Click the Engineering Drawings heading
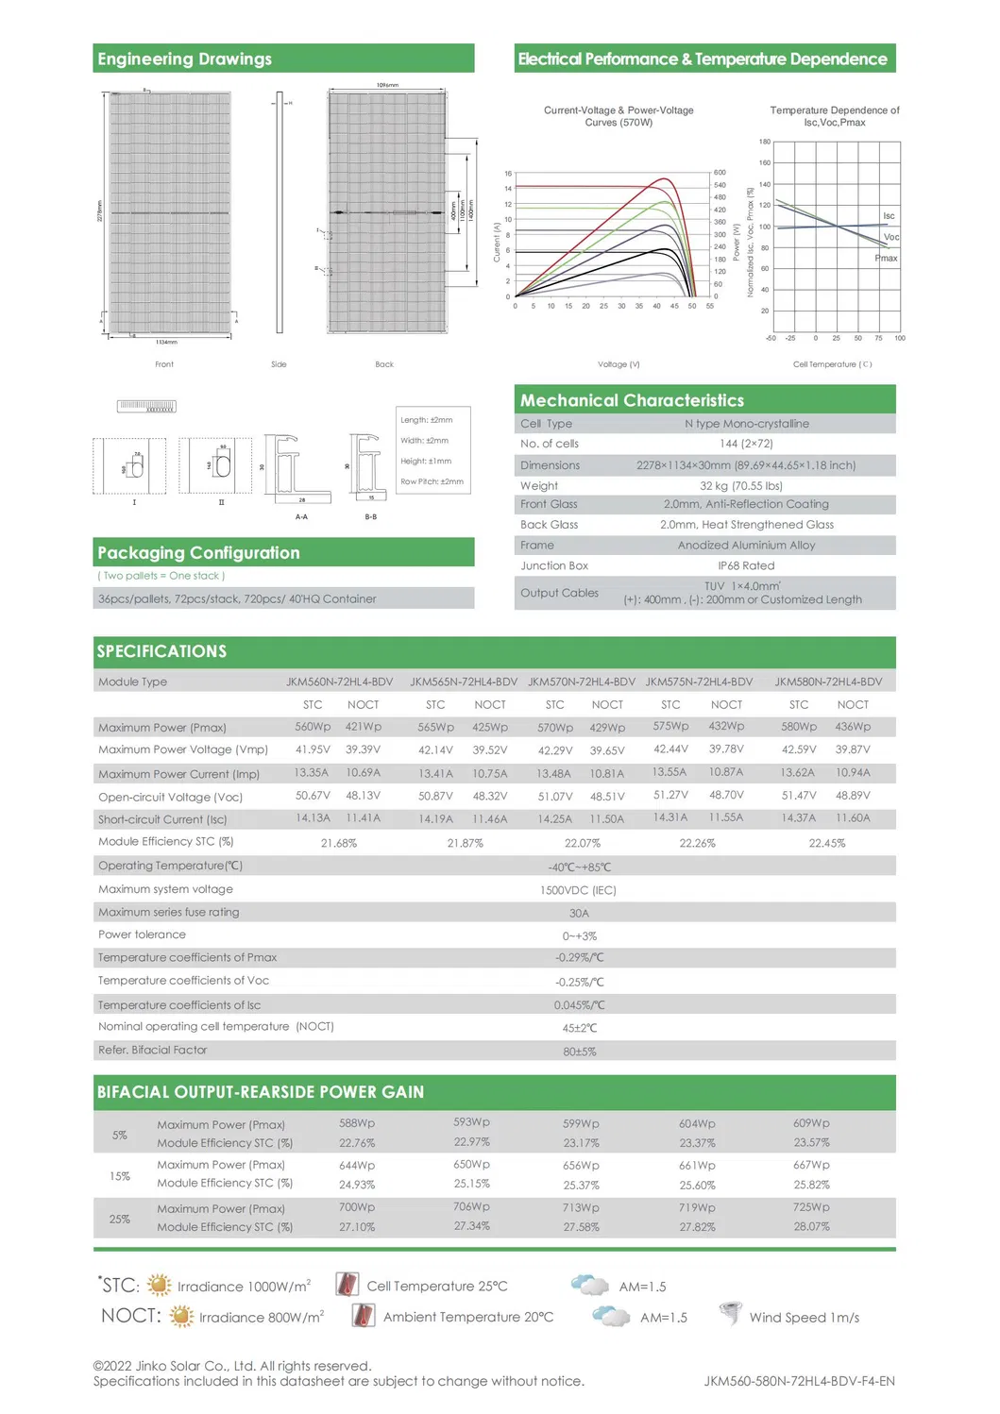185,59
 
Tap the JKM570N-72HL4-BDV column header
582,682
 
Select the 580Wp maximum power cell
799,727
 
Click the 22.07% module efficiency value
583,843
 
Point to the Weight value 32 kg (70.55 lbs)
741,485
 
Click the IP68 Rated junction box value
746,565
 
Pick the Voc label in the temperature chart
890,237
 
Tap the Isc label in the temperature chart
889,216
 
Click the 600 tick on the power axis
720,173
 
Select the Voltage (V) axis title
619,364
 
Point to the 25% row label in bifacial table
120,1219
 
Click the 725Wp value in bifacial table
811,1207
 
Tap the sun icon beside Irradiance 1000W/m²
160,1285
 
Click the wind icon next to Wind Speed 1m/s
729,1313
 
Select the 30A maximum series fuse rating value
579,913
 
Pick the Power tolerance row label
142,934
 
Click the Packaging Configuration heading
198,553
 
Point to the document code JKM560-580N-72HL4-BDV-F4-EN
799,1381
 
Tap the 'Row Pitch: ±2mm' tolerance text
432,481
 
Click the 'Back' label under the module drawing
384,364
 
